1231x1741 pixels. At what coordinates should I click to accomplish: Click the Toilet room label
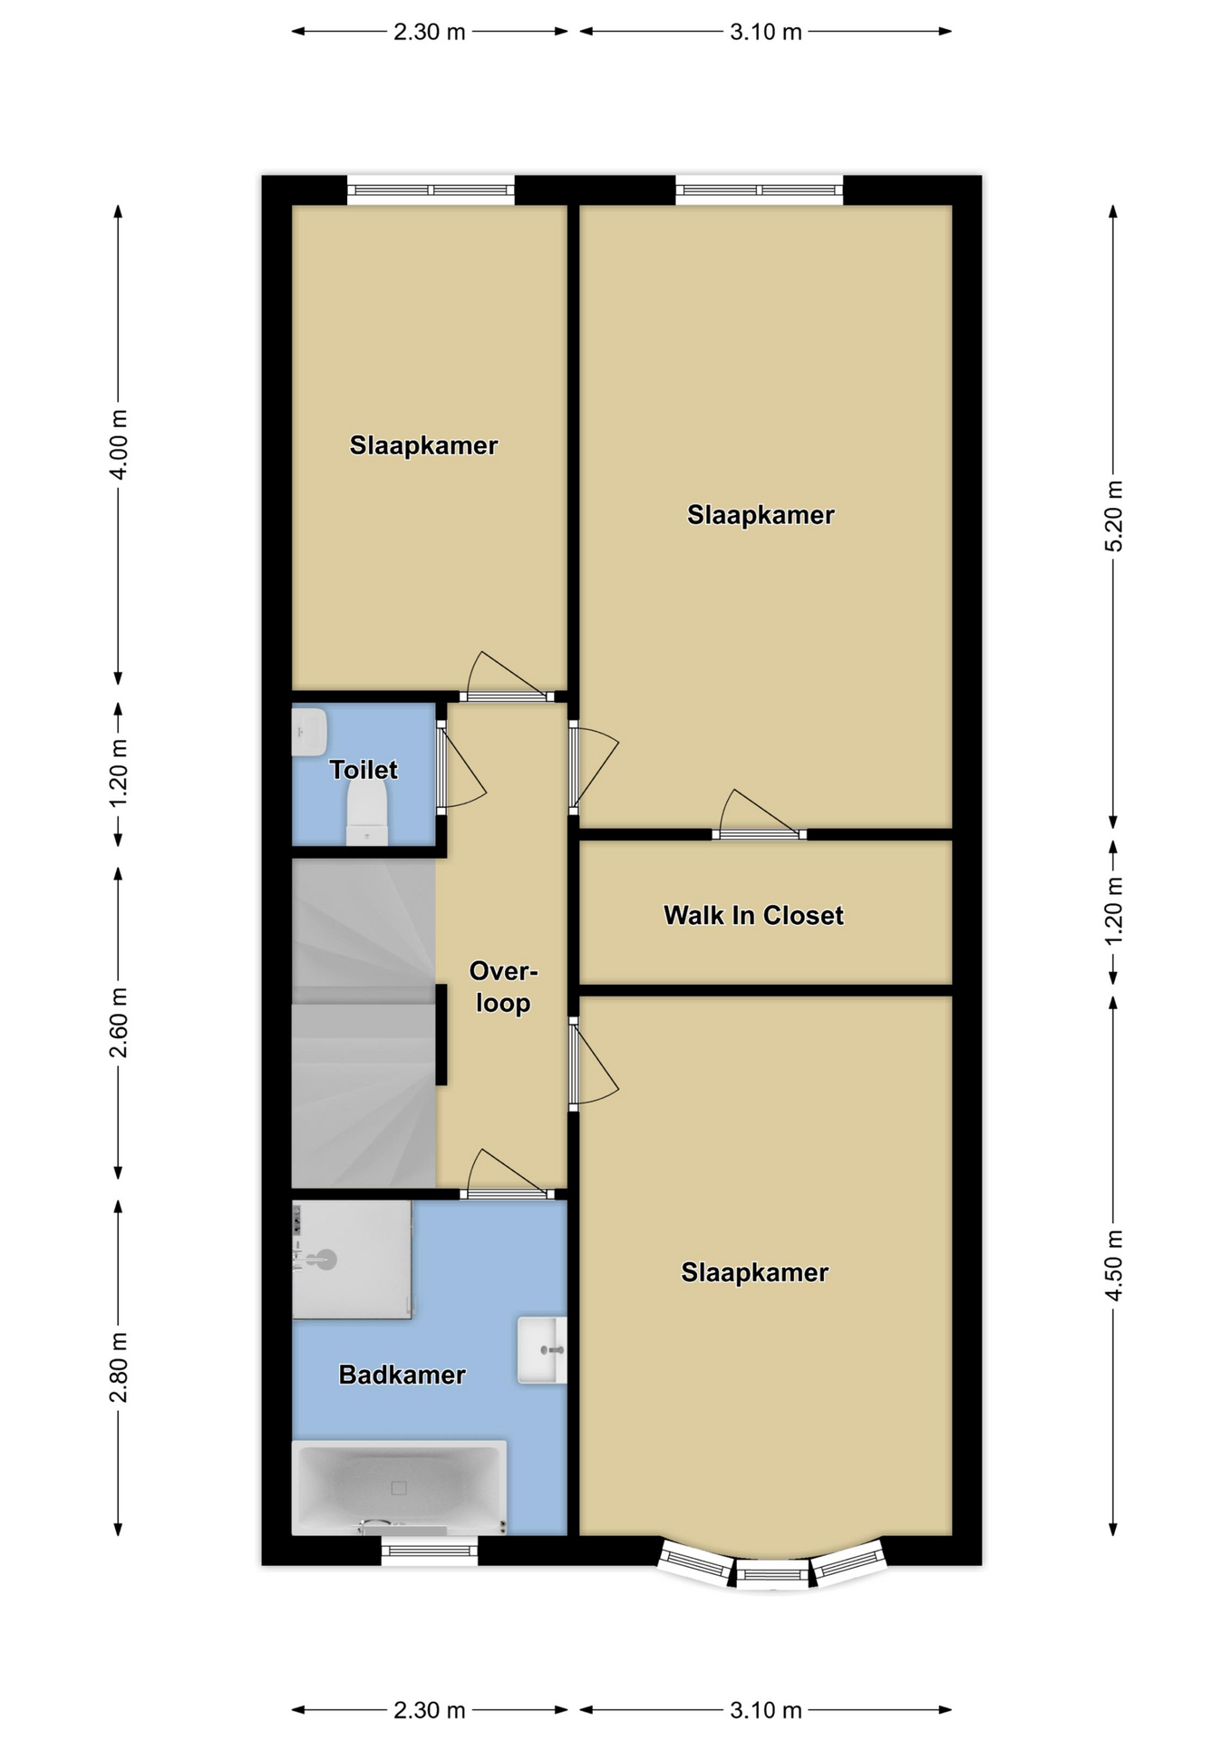coord(363,771)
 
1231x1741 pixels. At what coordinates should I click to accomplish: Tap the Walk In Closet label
coord(753,916)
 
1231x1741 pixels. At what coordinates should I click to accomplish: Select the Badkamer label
coord(402,1375)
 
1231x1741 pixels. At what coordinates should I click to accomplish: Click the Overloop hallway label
coord(503,987)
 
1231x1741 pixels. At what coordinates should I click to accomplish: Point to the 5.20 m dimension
coord(1114,516)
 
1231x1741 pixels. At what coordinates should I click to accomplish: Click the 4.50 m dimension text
coord(1114,1266)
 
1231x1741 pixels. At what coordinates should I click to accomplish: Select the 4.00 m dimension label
coord(119,444)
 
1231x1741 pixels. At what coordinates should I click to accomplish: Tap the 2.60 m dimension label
coord(119,1023)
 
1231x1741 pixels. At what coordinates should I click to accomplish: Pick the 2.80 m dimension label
coord(119,1367)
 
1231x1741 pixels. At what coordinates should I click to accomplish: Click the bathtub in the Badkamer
coord(399,1487)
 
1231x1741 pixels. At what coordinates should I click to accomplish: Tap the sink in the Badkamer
coord(542,1350)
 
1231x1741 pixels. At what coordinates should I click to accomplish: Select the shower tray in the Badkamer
coord(352,1260)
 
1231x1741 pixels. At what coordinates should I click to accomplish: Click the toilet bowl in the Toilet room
coord(367,813)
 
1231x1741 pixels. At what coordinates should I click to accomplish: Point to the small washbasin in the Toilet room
coord(309,732)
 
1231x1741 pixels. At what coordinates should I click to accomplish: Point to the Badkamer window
coord(429,1551)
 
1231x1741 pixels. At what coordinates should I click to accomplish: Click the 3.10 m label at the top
coord(766,33)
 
